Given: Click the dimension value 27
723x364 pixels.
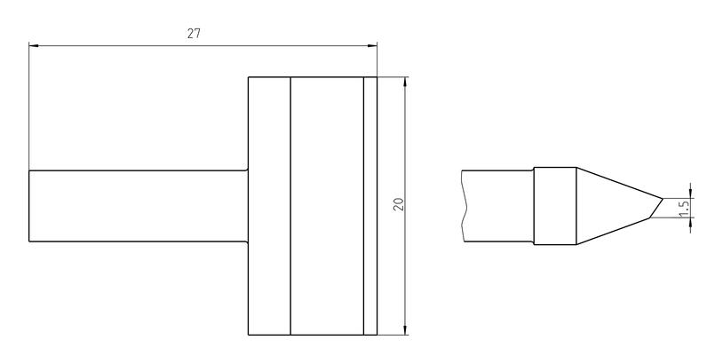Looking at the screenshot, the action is pos(194,34).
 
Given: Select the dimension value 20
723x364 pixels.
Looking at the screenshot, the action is pos(400,204).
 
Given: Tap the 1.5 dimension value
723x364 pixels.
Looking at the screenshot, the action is pos(684,208).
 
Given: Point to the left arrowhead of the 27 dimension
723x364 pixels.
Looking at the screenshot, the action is pos(34,45).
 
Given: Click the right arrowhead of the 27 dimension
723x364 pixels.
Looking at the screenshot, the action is pos(372,45).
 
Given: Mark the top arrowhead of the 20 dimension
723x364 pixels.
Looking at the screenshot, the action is pos(405,82).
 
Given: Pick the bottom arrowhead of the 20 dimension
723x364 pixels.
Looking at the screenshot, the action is pos(405,330).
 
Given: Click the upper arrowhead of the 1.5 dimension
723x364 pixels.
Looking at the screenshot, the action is pos(690,193).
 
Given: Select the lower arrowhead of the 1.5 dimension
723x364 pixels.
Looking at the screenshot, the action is pos(690,222).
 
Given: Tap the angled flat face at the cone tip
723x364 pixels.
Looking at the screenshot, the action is pos(656,208).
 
